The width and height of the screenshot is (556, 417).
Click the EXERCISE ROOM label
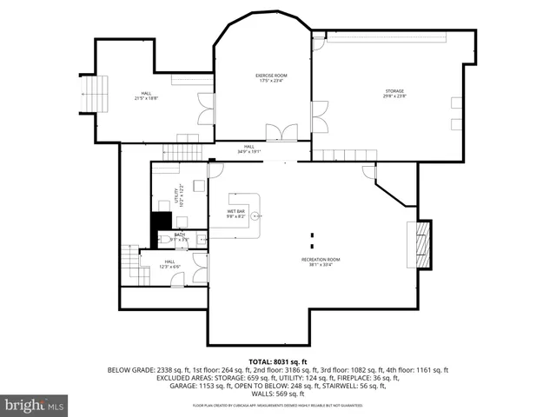tap(271, 78)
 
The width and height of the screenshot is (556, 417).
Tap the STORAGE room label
tap(395, 94)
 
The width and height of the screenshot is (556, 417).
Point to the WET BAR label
tap(236, 214)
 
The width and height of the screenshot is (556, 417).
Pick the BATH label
tap(179, 236)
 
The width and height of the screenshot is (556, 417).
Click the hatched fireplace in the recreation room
tap(423, 244)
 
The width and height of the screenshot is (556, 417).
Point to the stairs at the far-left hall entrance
tap(96, 94)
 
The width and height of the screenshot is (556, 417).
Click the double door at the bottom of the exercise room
tap(281, 133)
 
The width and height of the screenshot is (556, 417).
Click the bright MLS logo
tap(35, 404)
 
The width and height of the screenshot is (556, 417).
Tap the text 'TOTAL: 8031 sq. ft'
tap(277, 361)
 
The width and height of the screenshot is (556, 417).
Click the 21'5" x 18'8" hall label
tap(146, 96)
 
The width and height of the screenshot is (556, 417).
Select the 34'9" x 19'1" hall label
tap(248, 149)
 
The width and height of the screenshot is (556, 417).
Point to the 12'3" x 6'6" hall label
tap(170, 263)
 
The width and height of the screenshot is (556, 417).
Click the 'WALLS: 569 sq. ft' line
tap(277, 393)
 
